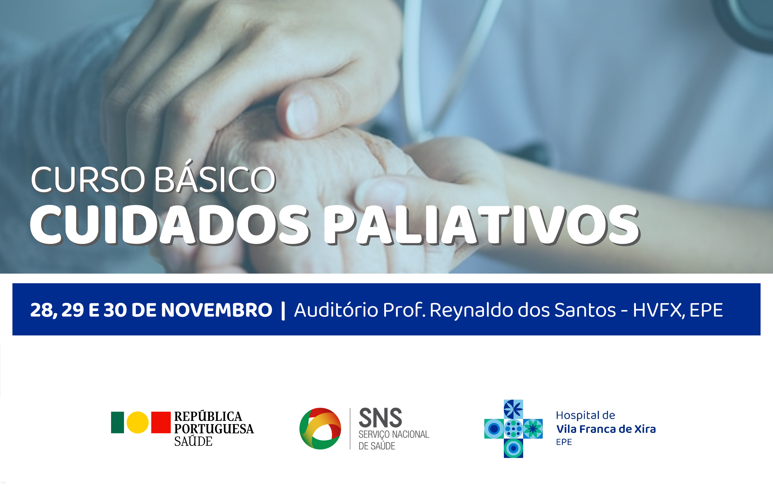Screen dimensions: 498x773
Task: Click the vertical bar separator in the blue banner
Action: pyautogui.click(x=283, y=310)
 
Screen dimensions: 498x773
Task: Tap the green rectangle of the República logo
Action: pyautogui.click(x=117, y=422)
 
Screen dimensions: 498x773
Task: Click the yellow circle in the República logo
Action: pyautogui.click(x=138, y=422)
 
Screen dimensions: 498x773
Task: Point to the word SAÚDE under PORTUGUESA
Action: pyautogui.click(x=193, y=441)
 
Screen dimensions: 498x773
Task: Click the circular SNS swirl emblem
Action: pyautogui.click(x=320, y=429)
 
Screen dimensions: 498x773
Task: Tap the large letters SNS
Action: pyautogui.click(x=380, y=418)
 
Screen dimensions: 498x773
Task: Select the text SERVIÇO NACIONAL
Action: pyautogui.click(x=394, y=434)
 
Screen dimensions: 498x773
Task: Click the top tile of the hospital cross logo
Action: pyautogui.click(x=513, y=409)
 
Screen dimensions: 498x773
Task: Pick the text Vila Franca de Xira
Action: pyautogui.click(x=606, y=429)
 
